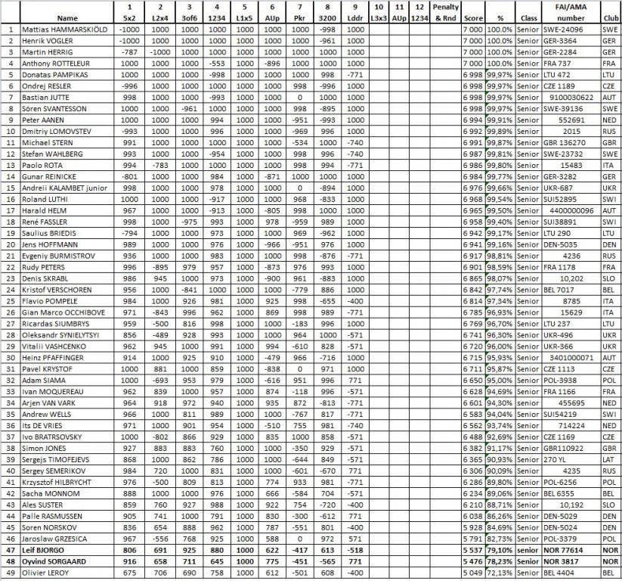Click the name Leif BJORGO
43,550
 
